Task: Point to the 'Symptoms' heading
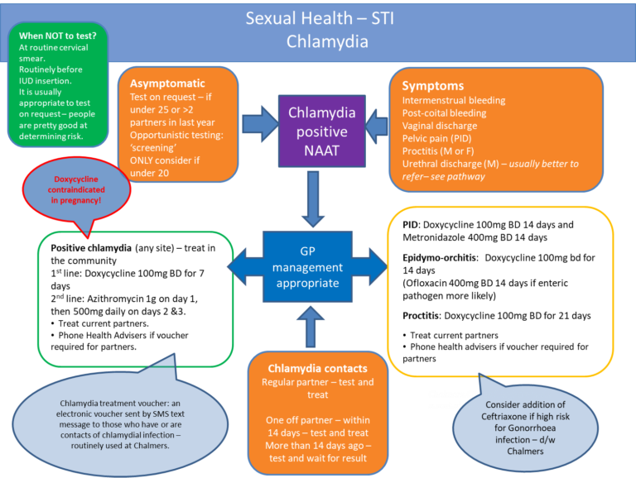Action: [x=432, y=86]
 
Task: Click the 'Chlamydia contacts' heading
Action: [x=317, y=368]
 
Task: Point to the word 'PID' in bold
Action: [x=410, y=224]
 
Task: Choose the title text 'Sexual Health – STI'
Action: [x=318, y=18]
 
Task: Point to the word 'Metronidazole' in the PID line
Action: [x=436, y=237]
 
